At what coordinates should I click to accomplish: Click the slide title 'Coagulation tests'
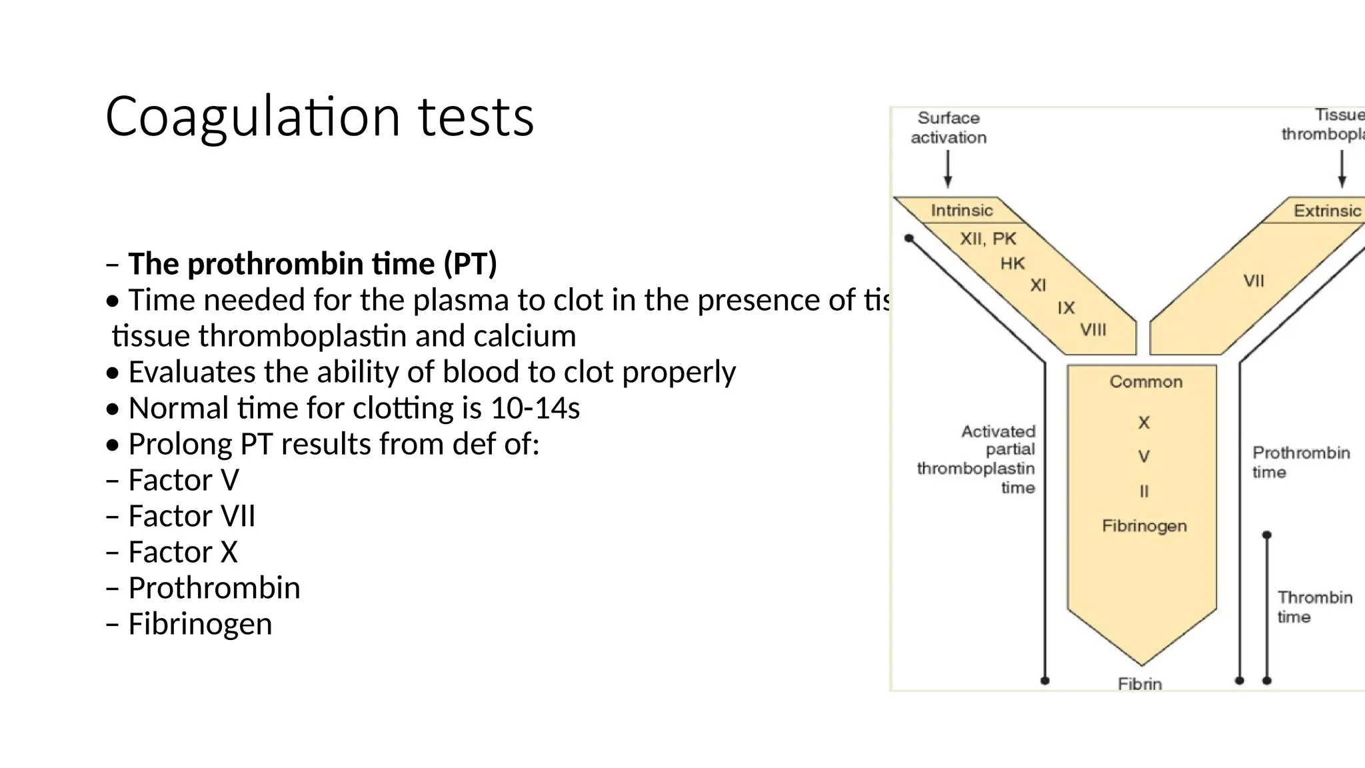[x=319, y=117]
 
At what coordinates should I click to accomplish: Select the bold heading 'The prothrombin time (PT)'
[x=312, y=264]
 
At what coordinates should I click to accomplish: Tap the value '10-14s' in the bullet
[x=535, y=408]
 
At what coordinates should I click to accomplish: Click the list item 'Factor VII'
[x=191, y=516]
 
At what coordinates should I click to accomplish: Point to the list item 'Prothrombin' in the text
[x=214, y=588]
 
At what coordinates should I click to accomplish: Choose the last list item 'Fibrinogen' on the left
[x=200, y=624]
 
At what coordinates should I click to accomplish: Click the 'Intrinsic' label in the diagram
[x=961, y=211]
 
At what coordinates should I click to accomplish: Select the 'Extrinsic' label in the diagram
[x=1327, y=211]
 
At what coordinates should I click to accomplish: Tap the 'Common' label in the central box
[x=1146, y=382]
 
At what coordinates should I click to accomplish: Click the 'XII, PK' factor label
[x=988, y=239]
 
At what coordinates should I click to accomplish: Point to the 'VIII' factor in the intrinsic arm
[x=1093, y=330]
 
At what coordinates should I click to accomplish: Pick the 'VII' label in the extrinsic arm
[x=1253, y=281]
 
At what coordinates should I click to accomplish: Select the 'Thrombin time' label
[x=1314, y=607]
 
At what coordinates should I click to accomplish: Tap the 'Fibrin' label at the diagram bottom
[x=1140, y=684]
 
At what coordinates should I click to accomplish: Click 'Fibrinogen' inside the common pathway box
[x=1144, y=526]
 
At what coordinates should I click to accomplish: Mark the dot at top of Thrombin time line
[x=1267, y=535]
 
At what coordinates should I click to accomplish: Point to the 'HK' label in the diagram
[x=1012, y=264]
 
